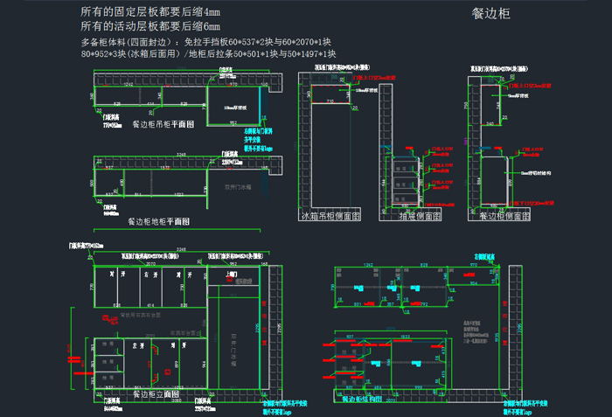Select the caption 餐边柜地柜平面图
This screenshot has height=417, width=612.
click(x=165, y=222)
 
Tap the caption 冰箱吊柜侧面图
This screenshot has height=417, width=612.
click(x=330, y=215)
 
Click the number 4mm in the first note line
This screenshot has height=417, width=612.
click(x=209, y=12)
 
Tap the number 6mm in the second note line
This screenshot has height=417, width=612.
click(x=209, y=26)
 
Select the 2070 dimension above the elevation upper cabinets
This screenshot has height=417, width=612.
click(x=150, y=262)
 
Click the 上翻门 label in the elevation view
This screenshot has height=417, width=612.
click(x=232, y=274)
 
